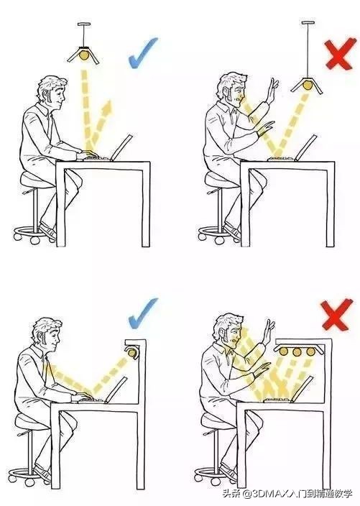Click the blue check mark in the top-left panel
coord(142,53)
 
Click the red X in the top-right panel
coord(338,54)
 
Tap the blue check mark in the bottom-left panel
coord(142,313)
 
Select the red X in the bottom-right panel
coord(336,314)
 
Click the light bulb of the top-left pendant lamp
coord(84,54)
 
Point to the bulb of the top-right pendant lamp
coord(307,86)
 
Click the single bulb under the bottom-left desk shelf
coord(133,352)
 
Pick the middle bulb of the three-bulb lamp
coord(297,351)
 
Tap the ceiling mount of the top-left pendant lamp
coord(84,24)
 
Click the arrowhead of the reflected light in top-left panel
coord(108,106)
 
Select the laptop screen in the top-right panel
coord(306,147)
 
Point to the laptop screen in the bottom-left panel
coord(116,390)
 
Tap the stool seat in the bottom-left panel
coord(32,422)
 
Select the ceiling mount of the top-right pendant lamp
coord(308,22)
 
